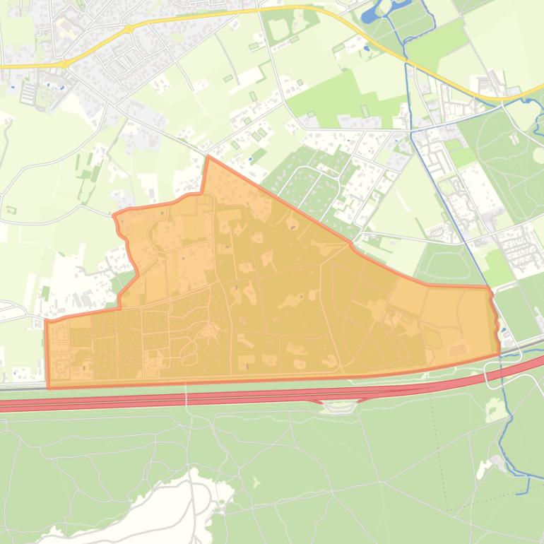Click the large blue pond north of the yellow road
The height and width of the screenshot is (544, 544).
pyautogui.click(x=370, y=13)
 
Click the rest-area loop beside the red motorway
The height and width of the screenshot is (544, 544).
pyautogui.click(x=339, y=406)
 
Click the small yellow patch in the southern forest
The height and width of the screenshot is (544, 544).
pyautogui.click(x=255, y=483)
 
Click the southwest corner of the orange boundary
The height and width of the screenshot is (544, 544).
pyautogui.click(x=48, y=387)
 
